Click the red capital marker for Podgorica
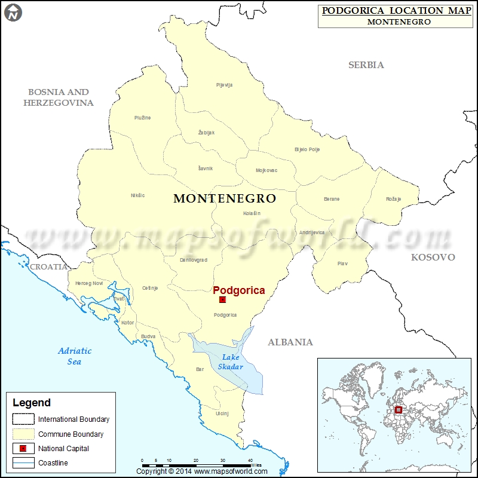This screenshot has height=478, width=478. pyautogui.click(x=222, y=299)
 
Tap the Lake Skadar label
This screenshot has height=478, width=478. pyautogui.click(x=230, y=362)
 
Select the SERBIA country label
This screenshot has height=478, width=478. pyautogui.click(x=366, y=65)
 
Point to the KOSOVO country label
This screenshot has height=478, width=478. pyautogui.click(x=433, y=258)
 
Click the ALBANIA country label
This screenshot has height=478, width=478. pyautogui.click(x=290, y=342)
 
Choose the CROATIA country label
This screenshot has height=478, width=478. pyautogui.click(x=49, y=267)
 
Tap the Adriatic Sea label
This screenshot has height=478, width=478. pyautogui.click(x=75, y=356)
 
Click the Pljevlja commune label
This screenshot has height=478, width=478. pyautogui.click(x=224, y=85)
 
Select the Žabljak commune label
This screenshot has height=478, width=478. pyautogui.click(x=206, y=133)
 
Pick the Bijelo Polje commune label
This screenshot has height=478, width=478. pyautogui.click(x=308, y=149)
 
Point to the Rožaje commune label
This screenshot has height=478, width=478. pyautogui.click(x=393, y=199)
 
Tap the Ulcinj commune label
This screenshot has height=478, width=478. pyautogui.click(x=222, y=413)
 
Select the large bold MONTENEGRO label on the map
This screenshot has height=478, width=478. pyautogui.click(x=225, y=198)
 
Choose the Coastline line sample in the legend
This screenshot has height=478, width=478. pyautogui.click(x=23, y=463)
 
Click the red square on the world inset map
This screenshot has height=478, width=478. pyautogui.click(x=399, y=409)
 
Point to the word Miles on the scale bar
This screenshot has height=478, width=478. pyautogui.click(x=256, y=464)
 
